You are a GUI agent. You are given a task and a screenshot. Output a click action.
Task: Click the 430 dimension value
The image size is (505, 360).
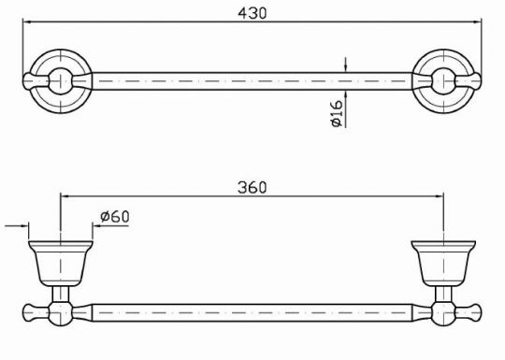pos(252,13)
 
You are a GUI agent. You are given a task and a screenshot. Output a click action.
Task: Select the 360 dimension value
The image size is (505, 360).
pos(252,187)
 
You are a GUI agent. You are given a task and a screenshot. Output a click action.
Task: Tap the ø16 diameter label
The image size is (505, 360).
pos(336,113)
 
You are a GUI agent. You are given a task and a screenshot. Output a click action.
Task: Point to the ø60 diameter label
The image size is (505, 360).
pos(115,216)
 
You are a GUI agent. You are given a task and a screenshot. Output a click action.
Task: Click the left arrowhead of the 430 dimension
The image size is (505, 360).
pos(27,22)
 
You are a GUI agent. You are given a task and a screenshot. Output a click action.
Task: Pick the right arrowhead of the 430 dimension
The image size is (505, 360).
pos(477,22)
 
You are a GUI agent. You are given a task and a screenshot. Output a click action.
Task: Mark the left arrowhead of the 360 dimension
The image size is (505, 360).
pos(65,195)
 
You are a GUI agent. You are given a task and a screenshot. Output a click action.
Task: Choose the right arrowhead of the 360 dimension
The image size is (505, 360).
pos(440,195)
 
